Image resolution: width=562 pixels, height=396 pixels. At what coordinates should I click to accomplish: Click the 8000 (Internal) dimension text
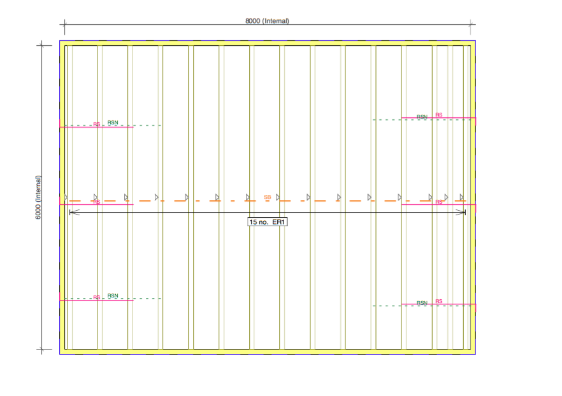(267, 21)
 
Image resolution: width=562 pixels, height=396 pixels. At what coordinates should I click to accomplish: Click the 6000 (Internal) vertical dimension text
(38, 197)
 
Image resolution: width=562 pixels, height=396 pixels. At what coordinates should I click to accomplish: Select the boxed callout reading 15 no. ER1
(268, 222)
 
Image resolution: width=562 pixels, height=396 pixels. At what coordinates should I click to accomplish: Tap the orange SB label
(268, 197)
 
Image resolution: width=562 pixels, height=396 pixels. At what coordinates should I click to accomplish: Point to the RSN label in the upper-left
(113, 122)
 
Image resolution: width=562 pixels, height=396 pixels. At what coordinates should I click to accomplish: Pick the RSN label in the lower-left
(113, 296)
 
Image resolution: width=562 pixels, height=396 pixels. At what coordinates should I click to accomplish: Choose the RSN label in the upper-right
(422, 117)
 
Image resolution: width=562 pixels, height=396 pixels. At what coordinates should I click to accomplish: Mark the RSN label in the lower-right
(422, 303)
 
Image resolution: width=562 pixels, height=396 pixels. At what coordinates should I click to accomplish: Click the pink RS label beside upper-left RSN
(97, 124)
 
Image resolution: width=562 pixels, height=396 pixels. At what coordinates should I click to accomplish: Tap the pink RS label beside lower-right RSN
(439, 301)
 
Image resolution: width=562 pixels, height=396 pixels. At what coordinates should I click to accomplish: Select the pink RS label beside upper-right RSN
(439, 115)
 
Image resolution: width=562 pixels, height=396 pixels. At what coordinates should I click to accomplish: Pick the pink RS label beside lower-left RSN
(97, 297)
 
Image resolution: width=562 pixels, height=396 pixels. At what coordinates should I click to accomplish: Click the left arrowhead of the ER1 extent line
(74, 212)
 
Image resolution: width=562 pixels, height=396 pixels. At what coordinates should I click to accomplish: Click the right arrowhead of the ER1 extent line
(461, 212)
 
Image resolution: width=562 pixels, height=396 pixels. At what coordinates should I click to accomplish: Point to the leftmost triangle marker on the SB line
(66, 197)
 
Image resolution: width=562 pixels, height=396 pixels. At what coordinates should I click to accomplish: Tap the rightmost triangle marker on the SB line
(461, 197)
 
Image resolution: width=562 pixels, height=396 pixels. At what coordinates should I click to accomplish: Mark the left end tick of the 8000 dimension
(64, 24)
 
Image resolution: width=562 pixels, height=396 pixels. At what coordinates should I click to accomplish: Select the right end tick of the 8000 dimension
(472, 24)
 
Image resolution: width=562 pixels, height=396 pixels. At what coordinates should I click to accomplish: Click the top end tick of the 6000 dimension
(42, 45)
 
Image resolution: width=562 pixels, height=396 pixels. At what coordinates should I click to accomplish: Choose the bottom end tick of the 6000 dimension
(42, 349)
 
